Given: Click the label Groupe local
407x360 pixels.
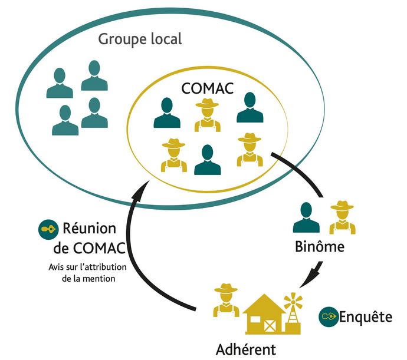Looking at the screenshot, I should pyautogui.click(x=140, y=39).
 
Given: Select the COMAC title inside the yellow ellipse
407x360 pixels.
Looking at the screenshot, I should pyautogui.click(x=207, y=88).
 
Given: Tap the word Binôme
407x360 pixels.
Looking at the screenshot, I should pyautogui.click(x=319, y=247).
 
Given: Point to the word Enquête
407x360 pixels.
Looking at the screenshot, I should pyautogui.click(x=366, y=317).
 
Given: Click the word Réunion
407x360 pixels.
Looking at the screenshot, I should pyautogui.click(x=89, y=229).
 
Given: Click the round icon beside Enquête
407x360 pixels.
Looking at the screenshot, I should pyautogui.click(x=329, y=317).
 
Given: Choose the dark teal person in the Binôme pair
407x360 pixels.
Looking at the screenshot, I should pyautogui.click(x=306, y=217).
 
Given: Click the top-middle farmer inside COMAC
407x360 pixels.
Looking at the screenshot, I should pyautogui.click(x=206, y=115).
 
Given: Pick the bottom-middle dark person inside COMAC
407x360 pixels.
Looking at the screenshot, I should pyautogui.click(x=208, y=160).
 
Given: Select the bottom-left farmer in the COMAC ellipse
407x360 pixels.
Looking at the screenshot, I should pyautogui.click(x=174, y=156).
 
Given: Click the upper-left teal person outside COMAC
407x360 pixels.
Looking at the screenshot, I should pyautogui.click(x=60, y=83).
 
